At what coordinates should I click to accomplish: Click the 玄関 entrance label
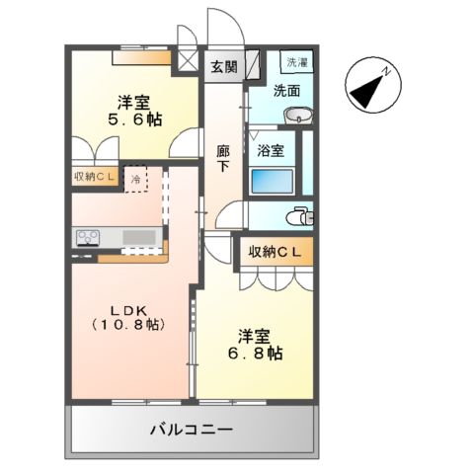[223, 67]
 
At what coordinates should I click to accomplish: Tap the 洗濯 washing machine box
[296, 62]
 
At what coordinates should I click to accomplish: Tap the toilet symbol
[299, 216]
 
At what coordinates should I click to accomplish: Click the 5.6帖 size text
[133, 119]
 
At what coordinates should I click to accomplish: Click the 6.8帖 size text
[255, 353]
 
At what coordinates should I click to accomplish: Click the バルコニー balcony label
[192, 431]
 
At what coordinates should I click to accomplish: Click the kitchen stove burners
[86, 237]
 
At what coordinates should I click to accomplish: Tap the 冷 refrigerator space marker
[136, 180]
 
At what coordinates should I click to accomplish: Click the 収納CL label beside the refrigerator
[96, 178]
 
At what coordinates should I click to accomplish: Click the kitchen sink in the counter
[142, 237]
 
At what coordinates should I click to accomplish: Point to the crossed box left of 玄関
[187, 59]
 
